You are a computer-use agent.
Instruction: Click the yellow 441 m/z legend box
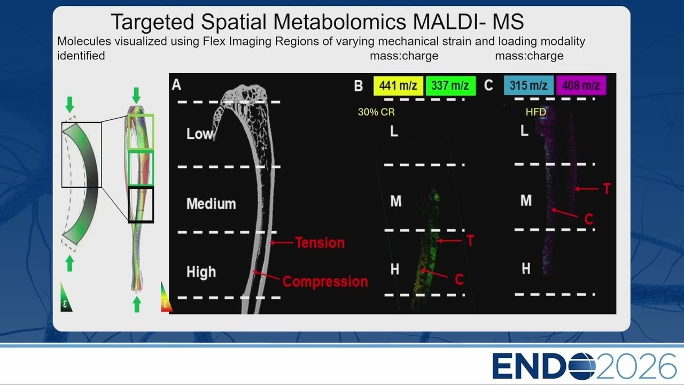tap(398, 86)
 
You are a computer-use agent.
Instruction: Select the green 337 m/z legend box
tap(450, 86)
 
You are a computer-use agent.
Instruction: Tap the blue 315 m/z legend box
tap(528, 85)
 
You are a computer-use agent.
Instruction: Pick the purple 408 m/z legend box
tap(581, 85)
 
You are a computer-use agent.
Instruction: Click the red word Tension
tap(320, 243)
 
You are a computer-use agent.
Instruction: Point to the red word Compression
tap(325, 282)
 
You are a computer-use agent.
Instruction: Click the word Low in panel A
tap(200, 134)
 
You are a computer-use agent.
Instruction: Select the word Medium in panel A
tap(211, 204)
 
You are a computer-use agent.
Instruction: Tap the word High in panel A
tap(201, 272)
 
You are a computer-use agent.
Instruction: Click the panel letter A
tap(176, 84)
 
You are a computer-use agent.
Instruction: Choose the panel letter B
tap(359, 86)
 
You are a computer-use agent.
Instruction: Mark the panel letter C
tap(488, 85)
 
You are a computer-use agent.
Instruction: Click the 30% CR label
tap(376, 112)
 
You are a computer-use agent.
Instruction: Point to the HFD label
tap(536, 112)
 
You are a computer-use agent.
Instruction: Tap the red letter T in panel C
tap(607, 189)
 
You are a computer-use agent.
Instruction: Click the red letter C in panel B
tap(459, 279)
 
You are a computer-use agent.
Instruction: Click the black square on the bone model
tap(141, 205)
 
